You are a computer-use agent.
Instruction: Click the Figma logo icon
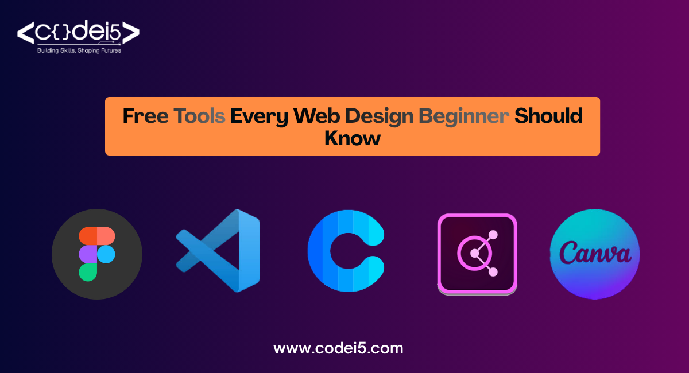coord(97,253)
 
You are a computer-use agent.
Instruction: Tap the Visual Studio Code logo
coord(219,250)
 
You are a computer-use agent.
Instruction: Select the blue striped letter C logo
coord(345,251)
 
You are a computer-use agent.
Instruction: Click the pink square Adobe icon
coord(477,254)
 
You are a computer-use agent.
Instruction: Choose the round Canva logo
coord(595,254)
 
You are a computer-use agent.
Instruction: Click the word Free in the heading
coord(146,116)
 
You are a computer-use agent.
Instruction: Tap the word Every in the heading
coord(260,116)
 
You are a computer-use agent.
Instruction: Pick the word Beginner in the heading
coord(464,116)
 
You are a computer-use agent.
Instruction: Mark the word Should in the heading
coord(548,116)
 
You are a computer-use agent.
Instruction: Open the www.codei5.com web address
coord(338,348)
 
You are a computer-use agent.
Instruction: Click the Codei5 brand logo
coord(78,33)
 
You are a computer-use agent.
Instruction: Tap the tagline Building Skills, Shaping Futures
coord(79,50)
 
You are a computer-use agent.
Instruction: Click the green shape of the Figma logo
coord(88,272)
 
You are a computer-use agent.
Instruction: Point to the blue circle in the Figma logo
coord(106,254)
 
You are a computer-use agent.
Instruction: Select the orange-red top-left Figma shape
coord(88,235)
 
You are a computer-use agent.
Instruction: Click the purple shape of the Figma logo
coord(88,254)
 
